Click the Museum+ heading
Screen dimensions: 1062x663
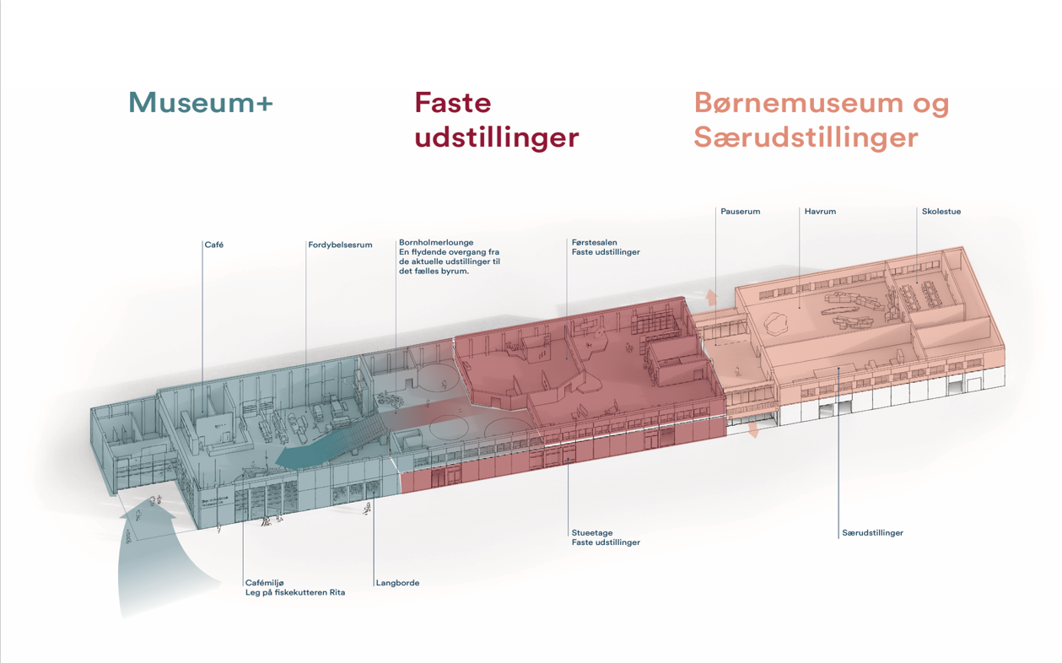(201, 102)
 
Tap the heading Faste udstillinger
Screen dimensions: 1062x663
(496, 121)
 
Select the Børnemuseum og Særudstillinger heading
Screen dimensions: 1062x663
(821, 121)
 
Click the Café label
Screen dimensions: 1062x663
(213, 245)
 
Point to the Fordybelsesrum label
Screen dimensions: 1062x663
(340, 245)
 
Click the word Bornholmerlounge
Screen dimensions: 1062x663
(436, 242)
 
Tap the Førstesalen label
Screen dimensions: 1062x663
(594, 242)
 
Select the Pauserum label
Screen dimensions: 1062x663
(740, 212)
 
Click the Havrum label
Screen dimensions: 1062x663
(820, 212)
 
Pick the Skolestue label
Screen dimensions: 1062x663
(941, 212)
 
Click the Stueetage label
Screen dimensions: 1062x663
(591, 532)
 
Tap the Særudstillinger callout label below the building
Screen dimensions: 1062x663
(872, 532)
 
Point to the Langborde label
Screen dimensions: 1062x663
(397, 583)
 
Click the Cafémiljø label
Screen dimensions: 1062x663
(265, 583)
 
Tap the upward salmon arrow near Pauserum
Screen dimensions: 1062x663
(711, 298)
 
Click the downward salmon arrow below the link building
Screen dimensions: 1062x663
(753, 430)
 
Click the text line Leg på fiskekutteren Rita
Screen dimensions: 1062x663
(295, 592)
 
